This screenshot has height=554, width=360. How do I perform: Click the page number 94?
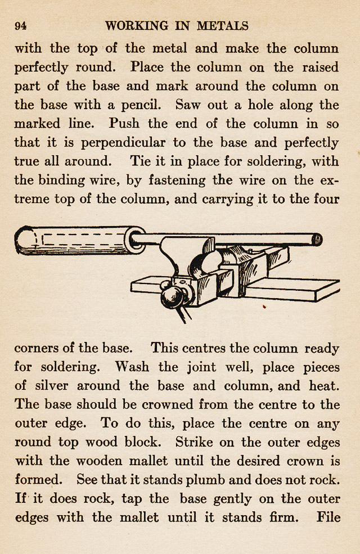pyautogui.click(x=21, y=26)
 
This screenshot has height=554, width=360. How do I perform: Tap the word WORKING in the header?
pyautogui.click(x=137, y=26)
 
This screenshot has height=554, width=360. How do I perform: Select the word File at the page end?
pyautogui.click(x=328, y=517)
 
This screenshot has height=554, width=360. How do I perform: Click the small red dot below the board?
pyautogui.click(x=264, y=307)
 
